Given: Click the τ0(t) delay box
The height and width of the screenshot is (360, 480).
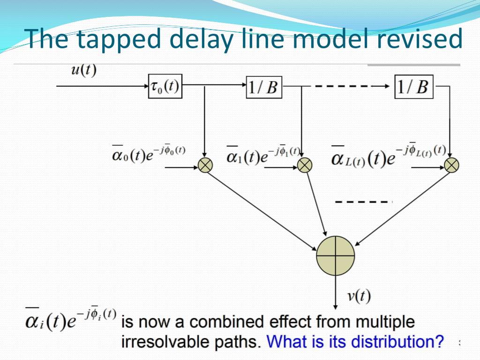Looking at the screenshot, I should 165,86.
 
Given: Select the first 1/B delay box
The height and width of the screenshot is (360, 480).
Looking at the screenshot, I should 264,87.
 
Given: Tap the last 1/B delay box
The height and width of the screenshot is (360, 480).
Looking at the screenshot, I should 413,86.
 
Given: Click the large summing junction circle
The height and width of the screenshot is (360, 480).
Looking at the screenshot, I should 335,255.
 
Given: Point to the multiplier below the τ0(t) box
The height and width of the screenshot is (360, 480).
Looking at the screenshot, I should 206,165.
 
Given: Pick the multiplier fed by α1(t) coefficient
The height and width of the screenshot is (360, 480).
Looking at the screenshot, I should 305,165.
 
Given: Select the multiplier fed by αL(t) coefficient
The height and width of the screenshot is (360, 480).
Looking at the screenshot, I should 451,165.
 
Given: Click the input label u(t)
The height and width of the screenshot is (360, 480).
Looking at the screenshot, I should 83,70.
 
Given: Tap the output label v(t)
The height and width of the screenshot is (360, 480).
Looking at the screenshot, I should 359,296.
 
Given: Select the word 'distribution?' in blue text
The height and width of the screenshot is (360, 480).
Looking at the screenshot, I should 399,342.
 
